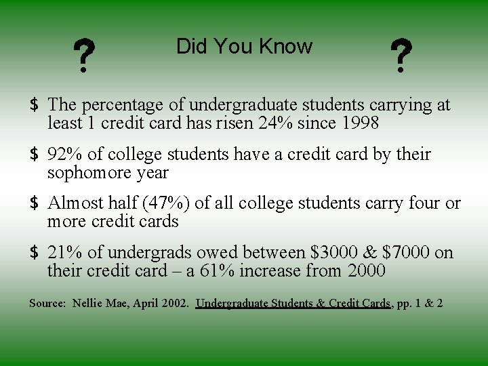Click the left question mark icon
pos(83,56)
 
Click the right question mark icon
pos(401,56)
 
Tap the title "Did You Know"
pos(244,47)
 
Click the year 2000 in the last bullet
pos(366,272)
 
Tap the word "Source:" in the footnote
pos(47,303)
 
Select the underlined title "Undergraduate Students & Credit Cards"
pos(293,303)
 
